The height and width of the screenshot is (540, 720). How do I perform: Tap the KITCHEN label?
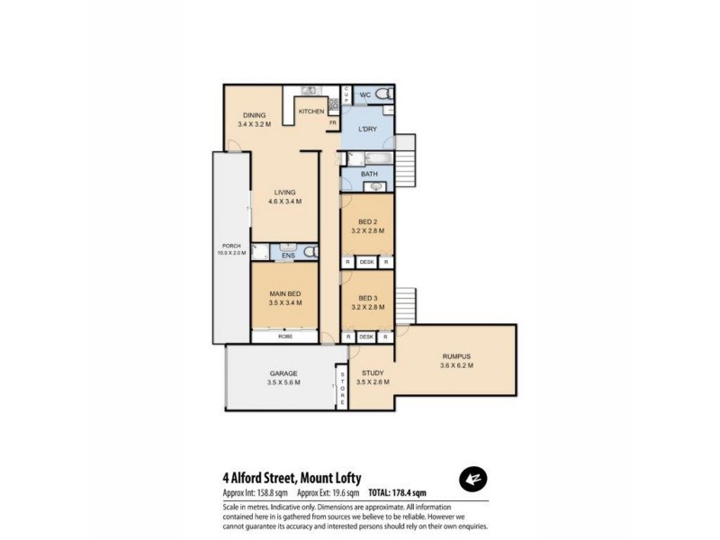[x=311, y=112]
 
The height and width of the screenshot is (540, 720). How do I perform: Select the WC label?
[x=365, y=95]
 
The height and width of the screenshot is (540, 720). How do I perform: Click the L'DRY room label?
[x=367, y=130]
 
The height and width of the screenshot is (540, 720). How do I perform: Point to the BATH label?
[x=369, y=175]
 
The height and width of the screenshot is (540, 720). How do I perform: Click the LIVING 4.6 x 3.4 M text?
[x=284, y=197]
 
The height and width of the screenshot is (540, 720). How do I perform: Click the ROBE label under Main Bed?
[x=284, y=337]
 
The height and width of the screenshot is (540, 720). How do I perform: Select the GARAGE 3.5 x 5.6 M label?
[x=283, y=378]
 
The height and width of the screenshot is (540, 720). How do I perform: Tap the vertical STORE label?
[x=342, y=387]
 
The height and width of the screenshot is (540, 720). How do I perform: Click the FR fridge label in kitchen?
[x=332, y=122]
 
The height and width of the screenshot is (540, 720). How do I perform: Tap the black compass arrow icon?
[x=473, y=480]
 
